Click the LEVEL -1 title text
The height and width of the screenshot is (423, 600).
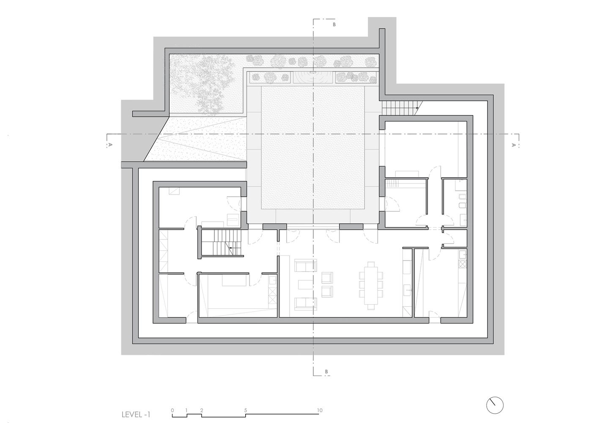tap(136, 415)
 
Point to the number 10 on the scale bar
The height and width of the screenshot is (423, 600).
tap(320, 410)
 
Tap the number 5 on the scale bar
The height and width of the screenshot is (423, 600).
tap(246, 410)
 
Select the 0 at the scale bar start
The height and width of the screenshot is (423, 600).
tap(172, 410)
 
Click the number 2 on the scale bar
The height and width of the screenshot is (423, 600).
tap(202, 410)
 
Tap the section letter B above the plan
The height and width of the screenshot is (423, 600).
tap(334, 25)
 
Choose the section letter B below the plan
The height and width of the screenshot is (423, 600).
tap(326, 372)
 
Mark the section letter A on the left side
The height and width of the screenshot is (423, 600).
tap(110, 145)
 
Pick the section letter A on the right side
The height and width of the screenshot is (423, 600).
tap(513, 145)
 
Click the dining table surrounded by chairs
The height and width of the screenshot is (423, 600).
tap(371, 286)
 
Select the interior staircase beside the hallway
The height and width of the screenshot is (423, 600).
tap(222, 242)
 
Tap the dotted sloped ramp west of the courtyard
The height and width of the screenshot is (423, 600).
tap(195, 139)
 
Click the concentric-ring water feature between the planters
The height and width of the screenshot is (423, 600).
tap(313, 77)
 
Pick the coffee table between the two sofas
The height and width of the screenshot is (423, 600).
tap(306, 285)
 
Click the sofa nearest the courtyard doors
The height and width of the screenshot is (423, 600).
tap(306, 265)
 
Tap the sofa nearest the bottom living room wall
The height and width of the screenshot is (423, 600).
tap(306, 304)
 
